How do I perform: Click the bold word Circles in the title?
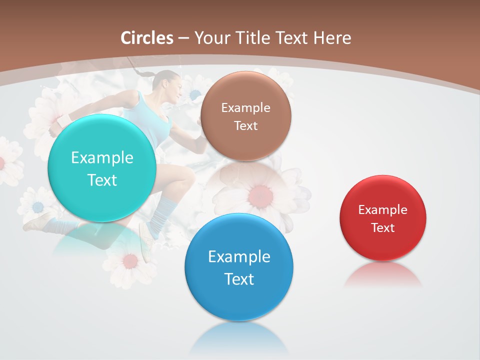[x=147, y=38]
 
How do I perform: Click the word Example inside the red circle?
[x=382, y=209]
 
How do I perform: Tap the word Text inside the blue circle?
[x=239, y=279]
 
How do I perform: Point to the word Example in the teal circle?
[x=102, y=157]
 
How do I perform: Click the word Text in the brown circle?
[x=245, y=125]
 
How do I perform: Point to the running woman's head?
[x=169, y=85]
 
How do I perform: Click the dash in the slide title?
[x=183, y=38]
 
